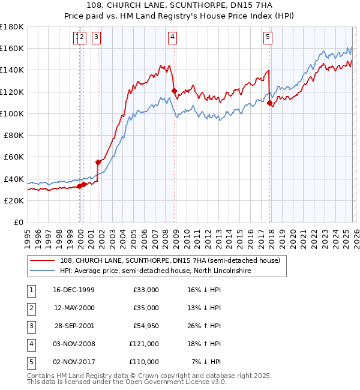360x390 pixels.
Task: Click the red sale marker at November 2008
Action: (x=174, y=91)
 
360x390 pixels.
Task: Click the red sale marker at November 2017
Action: (x=269, y=103)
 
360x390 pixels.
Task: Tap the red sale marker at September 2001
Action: (x=98, y=162)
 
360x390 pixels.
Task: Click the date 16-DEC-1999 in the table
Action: (x=74, y=290)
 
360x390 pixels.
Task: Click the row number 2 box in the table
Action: (x=30, y=308)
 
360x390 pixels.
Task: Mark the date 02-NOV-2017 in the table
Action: (x=74, y=362)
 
